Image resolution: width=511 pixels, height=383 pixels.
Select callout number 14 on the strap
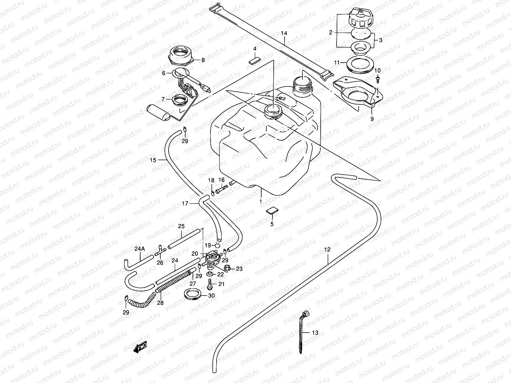(284, 33)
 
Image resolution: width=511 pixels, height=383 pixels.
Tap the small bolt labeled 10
(378, 78)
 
